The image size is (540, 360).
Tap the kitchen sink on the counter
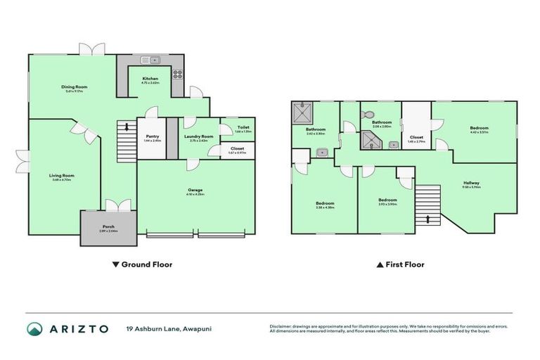(150, 60)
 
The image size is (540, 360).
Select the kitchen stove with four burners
(176, 72)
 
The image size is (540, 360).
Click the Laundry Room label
(198, 137)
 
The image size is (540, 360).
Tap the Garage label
(195, 190)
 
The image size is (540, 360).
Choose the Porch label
(108, 227)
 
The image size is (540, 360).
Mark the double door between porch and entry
(115, 205)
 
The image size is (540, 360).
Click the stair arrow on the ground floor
(127, 127)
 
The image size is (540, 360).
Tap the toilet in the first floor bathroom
(369, 112)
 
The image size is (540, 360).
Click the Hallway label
(471, 184)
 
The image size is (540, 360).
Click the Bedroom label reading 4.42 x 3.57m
(480, 129)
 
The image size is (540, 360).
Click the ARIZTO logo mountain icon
(34, 328)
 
